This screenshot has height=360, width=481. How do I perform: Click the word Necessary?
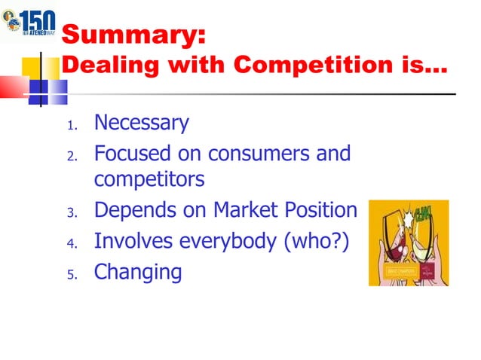point(141,122)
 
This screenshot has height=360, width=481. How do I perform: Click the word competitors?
point(149,181)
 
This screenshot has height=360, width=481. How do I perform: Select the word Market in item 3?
point(236,210)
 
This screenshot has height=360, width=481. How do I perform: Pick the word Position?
point(314,210)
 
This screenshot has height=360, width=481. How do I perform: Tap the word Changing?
point(138,271)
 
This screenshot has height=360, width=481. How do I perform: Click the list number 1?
point(71,125)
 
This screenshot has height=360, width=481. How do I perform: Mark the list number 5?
point(71,274)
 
